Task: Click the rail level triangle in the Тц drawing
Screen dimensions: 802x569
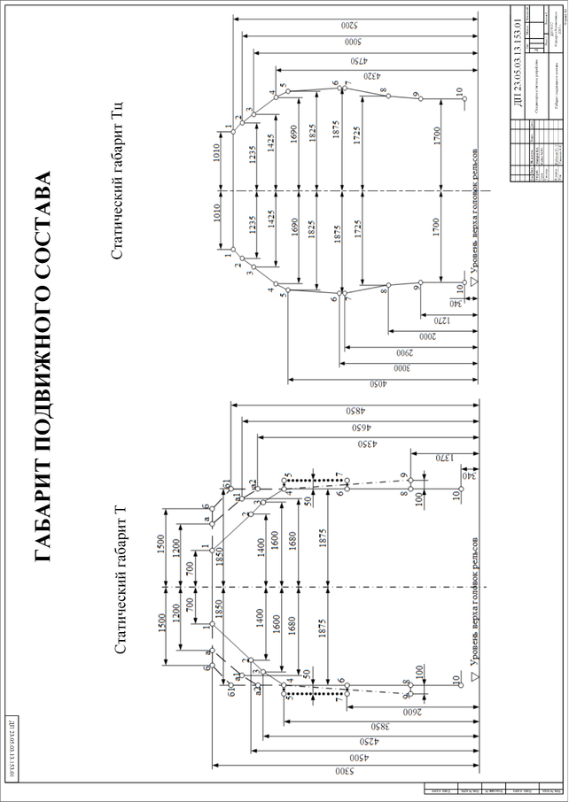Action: [x=473, y=282]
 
